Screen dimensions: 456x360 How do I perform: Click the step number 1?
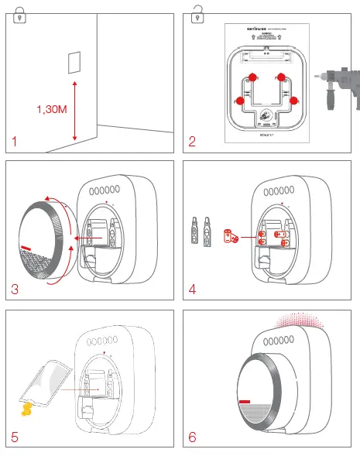click(x=15, y=141)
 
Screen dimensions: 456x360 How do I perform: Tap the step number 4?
click(x=193, y=290)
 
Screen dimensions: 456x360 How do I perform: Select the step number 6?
click(x=193, y=437)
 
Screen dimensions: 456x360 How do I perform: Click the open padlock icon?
click(x=197, y=11)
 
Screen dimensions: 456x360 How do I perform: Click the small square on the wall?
click(x=74, y=61)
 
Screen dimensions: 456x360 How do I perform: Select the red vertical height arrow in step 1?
click(x=74, y=108)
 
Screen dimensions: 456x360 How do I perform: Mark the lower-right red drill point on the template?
click(x=293, y=99)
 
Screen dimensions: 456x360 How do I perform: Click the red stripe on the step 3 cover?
click(x=29, y=249)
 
